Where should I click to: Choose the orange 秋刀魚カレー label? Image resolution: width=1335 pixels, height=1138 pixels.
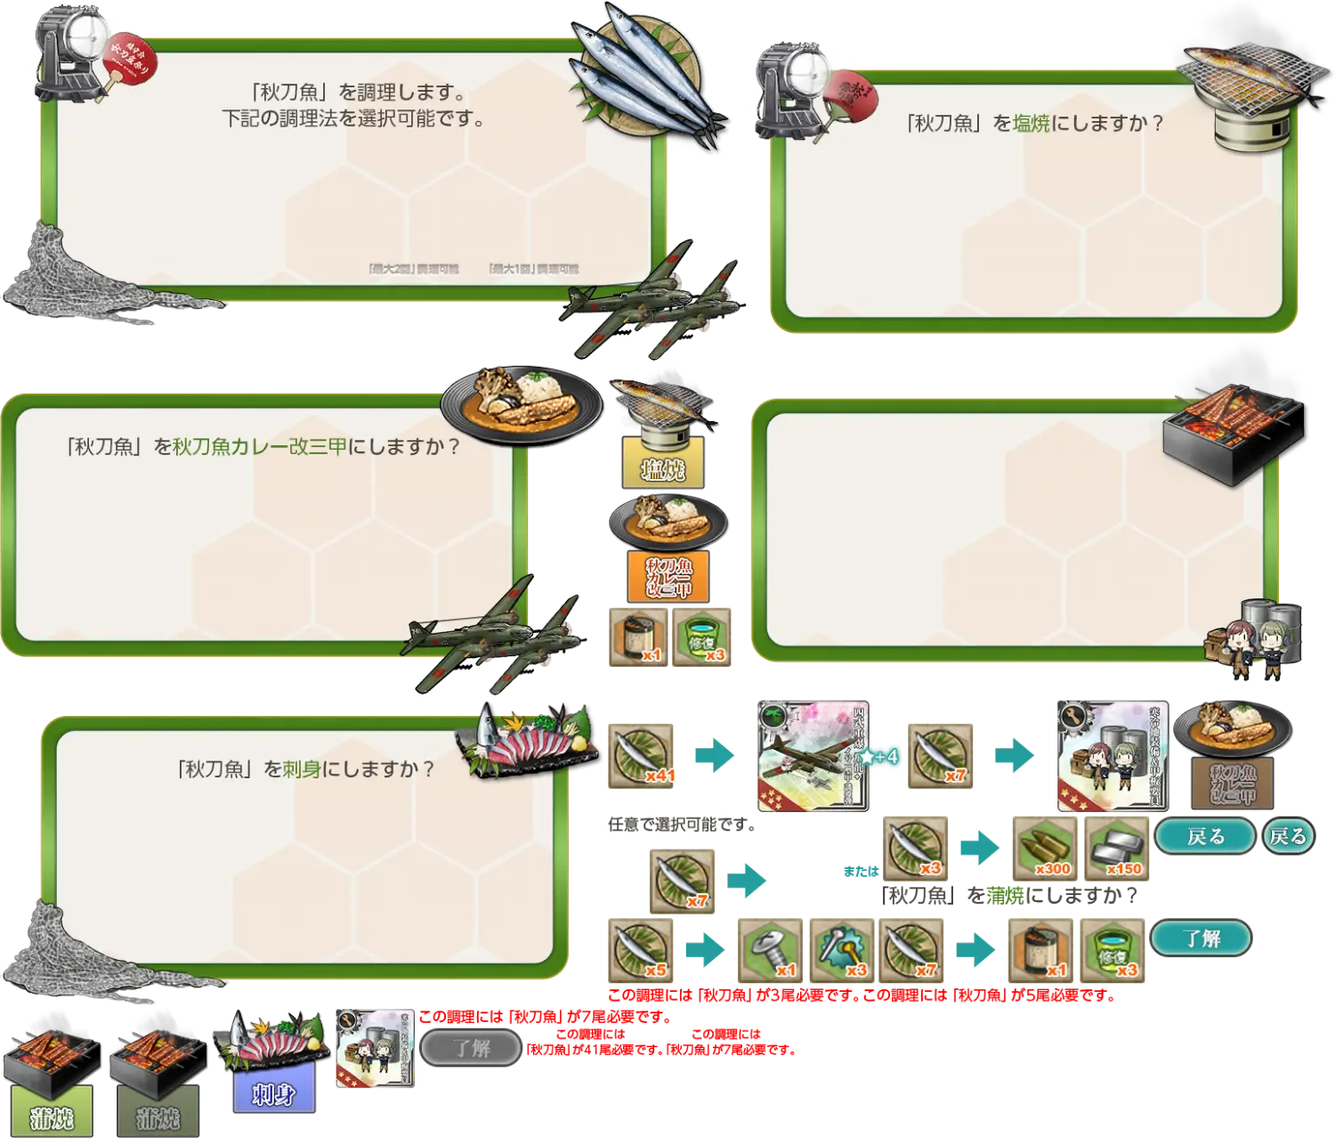point(667,577)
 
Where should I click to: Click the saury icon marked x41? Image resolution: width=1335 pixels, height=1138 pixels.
point(640,756)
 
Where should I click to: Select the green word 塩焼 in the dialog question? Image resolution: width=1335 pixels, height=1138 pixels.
point(1032,124)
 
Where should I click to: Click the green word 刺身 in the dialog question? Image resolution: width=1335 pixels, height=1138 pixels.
point(302,768)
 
